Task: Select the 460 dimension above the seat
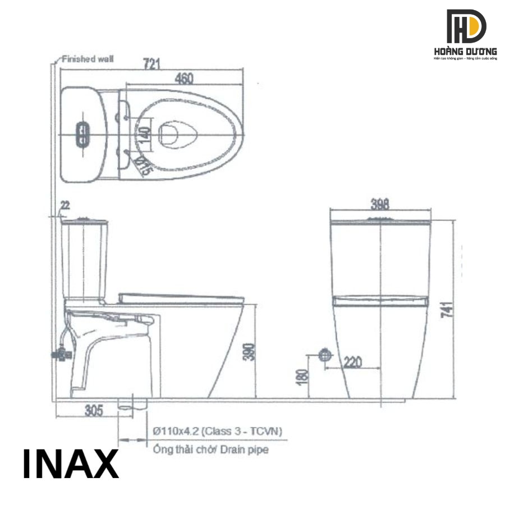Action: click(180, 79)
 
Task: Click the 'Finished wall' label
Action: click(88, 58)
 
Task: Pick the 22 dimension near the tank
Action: click(65, 206)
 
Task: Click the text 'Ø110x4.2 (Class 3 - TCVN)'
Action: click(217, 431)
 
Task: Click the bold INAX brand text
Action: click(71, 464)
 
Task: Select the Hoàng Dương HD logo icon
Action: click(466, 26)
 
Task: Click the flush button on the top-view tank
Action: click(82, 134)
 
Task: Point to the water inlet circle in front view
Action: click(325, 355)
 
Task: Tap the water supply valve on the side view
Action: click(58, 354)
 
